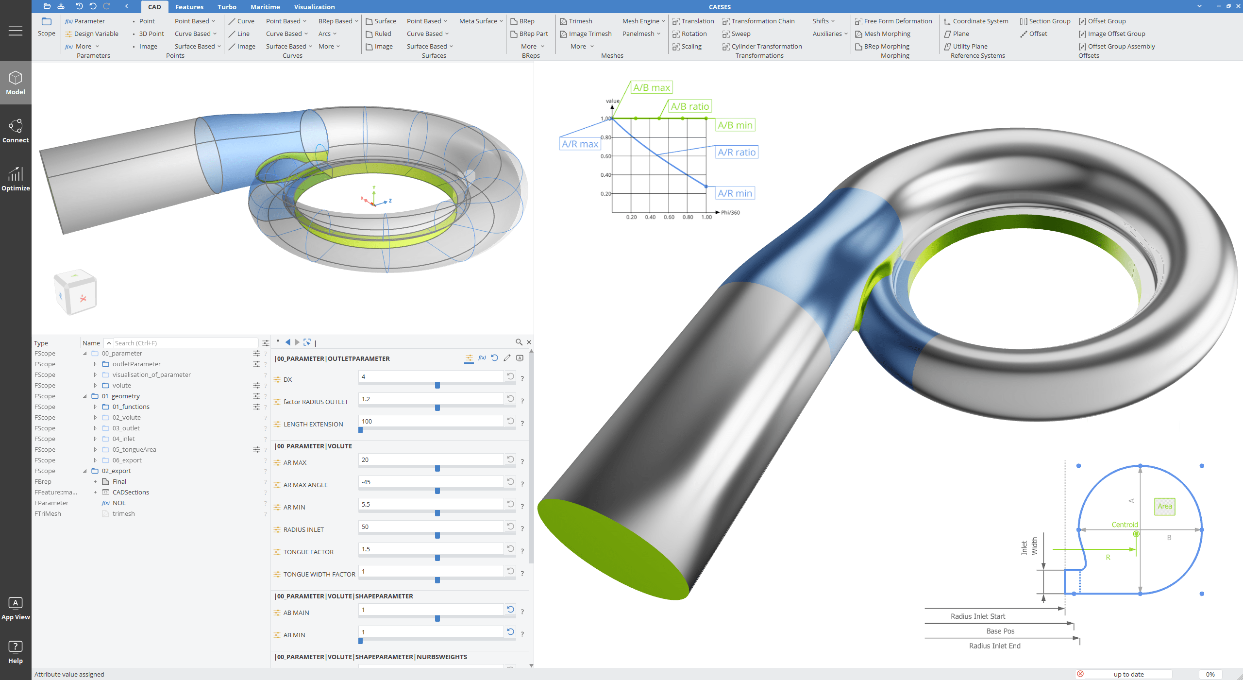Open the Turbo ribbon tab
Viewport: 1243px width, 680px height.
pos(227,7)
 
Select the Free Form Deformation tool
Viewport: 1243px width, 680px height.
pos(897,21)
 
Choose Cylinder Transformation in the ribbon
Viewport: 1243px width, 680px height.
pos(766,46)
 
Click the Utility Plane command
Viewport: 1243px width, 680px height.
pos(970,46)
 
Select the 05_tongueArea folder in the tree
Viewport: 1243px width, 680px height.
pos(134,449)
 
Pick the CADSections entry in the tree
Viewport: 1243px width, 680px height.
pos(131,492)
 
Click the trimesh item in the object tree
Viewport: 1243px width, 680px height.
pos(123,513)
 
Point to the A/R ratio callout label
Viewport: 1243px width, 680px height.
pos(737,152)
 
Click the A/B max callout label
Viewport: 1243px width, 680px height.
pos(651,87)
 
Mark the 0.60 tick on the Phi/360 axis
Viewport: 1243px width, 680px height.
pos(669,217)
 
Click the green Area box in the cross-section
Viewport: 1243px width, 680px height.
pos(1164,506)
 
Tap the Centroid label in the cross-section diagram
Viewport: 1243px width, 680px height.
pos(1125,525)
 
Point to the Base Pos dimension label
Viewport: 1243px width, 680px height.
pos(1000,631)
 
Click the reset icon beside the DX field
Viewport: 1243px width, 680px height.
pos(510,376)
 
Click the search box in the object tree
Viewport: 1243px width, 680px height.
pos(185,343)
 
